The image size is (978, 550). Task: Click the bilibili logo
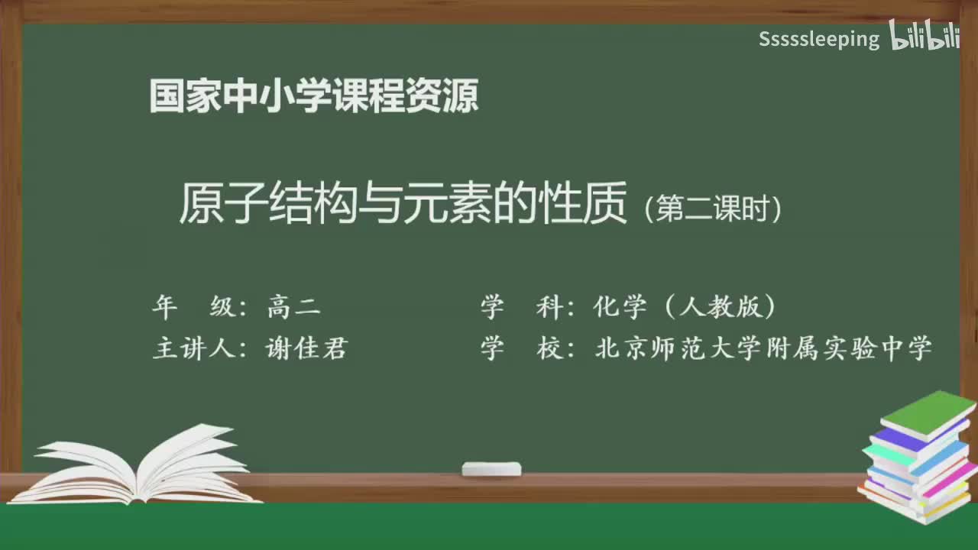[x=924, y=36]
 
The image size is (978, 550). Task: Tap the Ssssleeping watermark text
[x=819, y=39]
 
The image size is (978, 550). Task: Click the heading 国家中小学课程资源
[x=314, y=96]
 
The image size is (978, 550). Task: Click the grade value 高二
[x=293, y=307]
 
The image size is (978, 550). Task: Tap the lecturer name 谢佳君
[x=306, y=348]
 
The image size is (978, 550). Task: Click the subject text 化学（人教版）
[x=685, y=307]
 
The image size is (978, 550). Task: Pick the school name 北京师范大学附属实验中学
[x=763, y=348]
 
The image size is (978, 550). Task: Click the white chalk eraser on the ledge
[x=491, y=468]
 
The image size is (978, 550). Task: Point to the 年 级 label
[x=194, y=307]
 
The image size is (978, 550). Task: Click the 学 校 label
[x=523, y=348]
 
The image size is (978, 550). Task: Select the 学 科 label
[x=523, y=307]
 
